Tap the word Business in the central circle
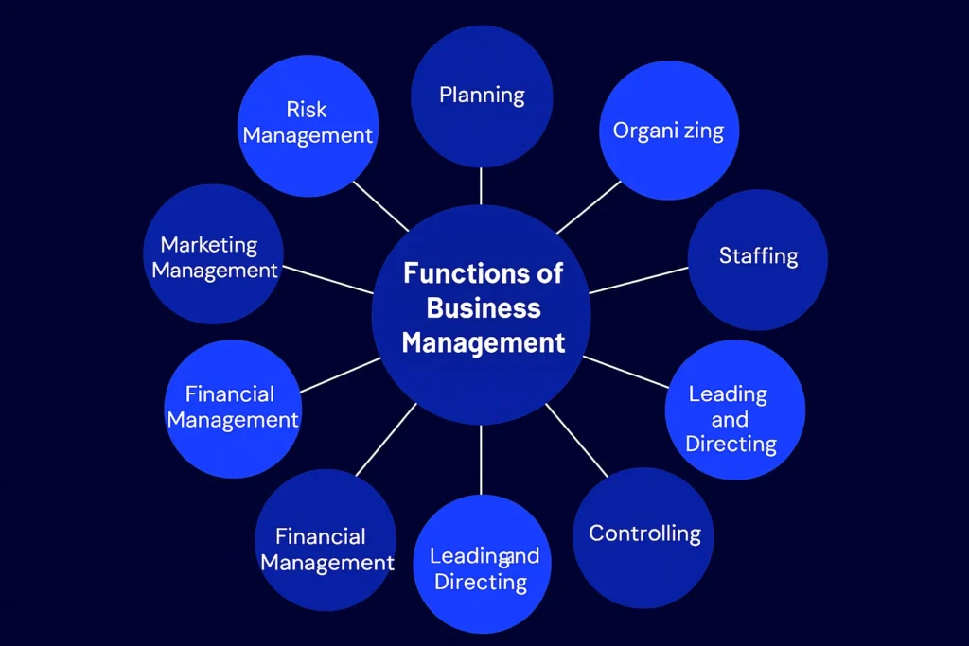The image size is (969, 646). point(484,308)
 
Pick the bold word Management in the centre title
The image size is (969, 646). point(484,342)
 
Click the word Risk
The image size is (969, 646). point(307,111)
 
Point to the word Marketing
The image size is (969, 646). point(209,245)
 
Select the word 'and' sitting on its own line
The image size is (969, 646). point(730,419)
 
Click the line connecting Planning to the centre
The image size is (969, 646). point(481,186)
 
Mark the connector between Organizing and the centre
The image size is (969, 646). point(589,205)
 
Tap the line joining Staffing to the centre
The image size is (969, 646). point(639,280)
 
